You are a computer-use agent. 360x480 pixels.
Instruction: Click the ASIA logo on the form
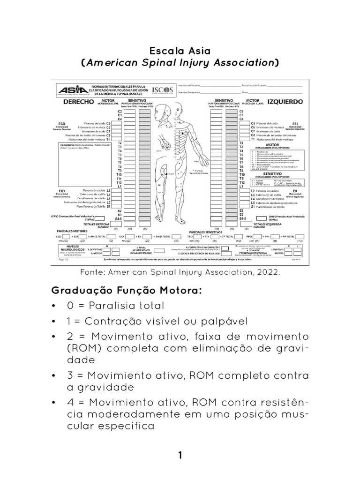[x=70, y=90]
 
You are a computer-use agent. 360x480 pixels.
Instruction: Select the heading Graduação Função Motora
[x=127, y=291]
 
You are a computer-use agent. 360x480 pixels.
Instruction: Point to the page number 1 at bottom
[x=180, y=455]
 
